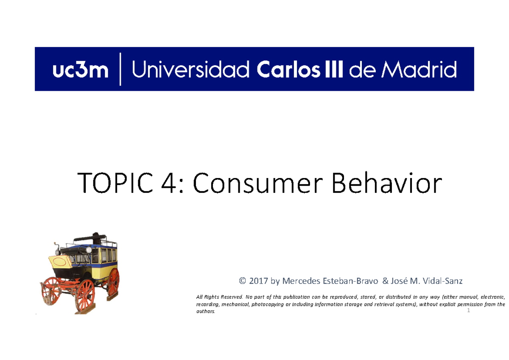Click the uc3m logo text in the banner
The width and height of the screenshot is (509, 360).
pyautogui.click(x=81, y=70)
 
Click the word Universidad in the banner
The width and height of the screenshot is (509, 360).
pyautogui.click(x=191, y=70)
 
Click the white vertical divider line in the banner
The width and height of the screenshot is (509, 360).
pyautogui.click(x=120, y=69)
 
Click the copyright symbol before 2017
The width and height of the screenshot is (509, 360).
pyautogui.click(x=242, y=281)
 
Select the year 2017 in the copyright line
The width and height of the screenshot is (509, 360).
pyautogui.click(x=259, y=281)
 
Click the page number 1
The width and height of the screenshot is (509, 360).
pyautogui.click(x=469, y=311)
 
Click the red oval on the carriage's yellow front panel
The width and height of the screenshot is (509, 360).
pyautogui.click(x=60, y=262)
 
